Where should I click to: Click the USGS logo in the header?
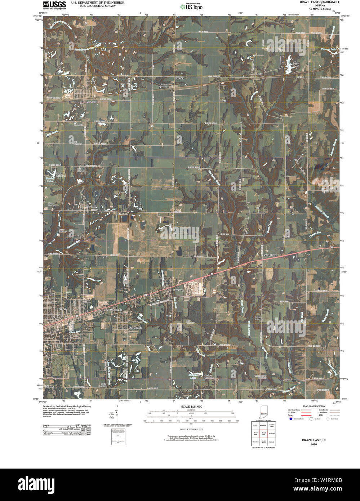tap(54, 5)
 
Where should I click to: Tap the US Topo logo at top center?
tap(192, 6)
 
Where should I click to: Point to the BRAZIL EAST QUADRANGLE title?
tap(319, 2)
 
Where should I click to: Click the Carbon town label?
tap(91, 102)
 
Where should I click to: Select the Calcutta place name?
tap(179, 78)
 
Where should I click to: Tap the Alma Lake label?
tap(296, 64)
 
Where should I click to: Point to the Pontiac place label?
tap(78, 124)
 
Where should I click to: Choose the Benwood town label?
tap(123, 214)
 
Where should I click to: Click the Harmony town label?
tap(179, 290)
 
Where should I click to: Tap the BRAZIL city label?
tap(62, 309)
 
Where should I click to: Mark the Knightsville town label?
tap(135, 328)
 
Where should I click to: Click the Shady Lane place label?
tap(270, 255)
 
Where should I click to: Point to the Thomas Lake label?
tap(328, 49)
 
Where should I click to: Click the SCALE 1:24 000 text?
tap(191, 407)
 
